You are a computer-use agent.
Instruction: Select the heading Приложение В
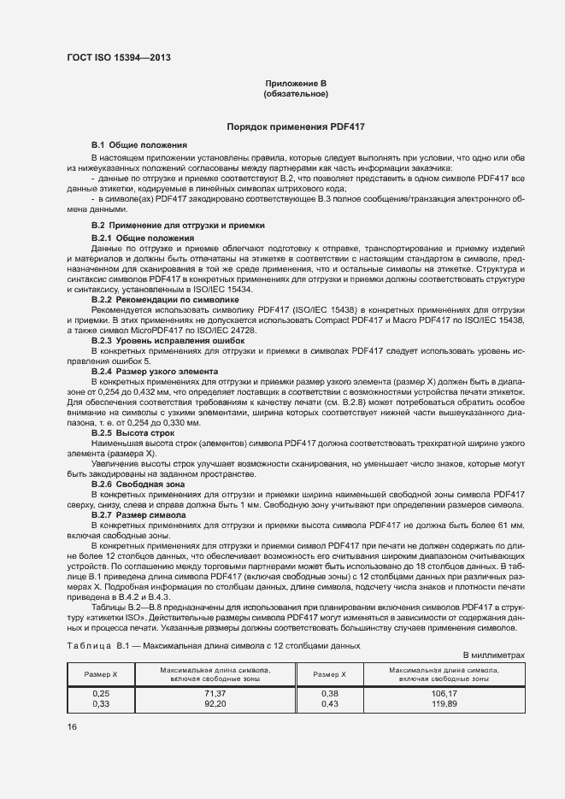click(296, 83)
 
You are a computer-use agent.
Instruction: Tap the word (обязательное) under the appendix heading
click(296, 93)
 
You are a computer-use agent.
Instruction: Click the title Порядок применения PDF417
click(296, 126)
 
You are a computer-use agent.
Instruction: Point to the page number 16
click(72, 726)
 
